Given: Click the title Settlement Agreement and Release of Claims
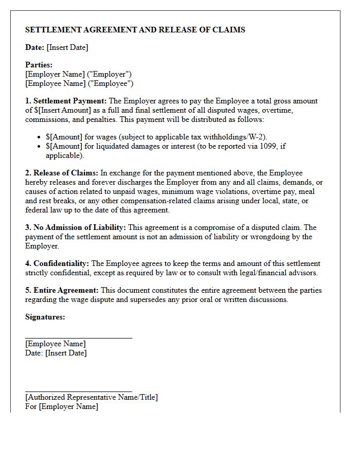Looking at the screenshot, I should point(135,30).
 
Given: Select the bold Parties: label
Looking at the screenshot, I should point(39,65).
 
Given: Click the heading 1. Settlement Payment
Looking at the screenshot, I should point(66,101).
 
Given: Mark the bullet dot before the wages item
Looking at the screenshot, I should point(40,137).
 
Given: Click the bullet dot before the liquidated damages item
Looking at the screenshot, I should point(40,147).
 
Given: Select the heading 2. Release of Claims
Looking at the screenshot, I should point(62,173).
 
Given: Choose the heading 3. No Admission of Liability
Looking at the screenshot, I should point(76,227).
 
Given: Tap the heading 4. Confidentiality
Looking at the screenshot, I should point(57,263).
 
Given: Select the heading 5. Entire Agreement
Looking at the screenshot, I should point(62,290).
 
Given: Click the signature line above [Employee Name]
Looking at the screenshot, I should point(78,338).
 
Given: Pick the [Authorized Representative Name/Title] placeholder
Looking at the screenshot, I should point(92,397).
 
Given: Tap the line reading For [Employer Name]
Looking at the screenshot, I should point(61,406).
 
